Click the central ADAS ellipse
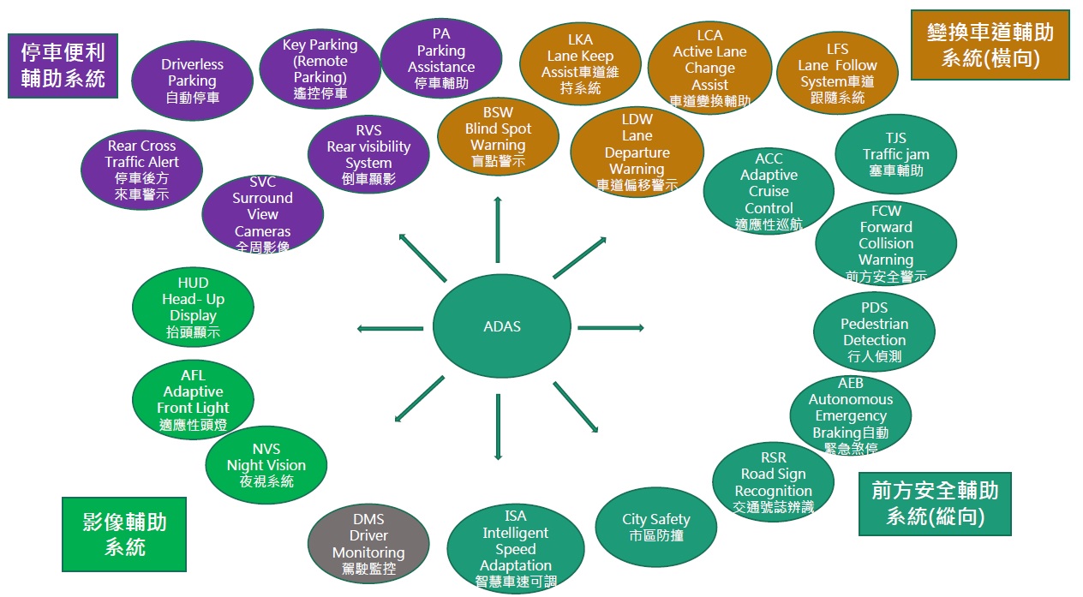(x=501, y=326)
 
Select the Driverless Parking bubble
(x=192, y=81)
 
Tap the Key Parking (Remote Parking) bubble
(x=320, y=69)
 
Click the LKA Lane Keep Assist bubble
(x=580, y=63)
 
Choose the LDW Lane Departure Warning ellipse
(x=637, y=152)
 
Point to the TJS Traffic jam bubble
(x=895, y=154)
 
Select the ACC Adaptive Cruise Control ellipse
(x=769, y=192)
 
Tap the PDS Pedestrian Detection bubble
(x=874, y=331)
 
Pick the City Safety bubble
(x=656, y=528)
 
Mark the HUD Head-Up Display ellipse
(x=193, y=307)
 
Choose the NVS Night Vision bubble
(x=266, y=465)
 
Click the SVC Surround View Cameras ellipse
(x=263, y=214)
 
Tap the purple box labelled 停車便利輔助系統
(x=63, y=65)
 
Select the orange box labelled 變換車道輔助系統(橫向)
(x=990, y=45)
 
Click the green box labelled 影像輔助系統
(x=124, y=534)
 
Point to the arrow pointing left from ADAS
(x=390, y=328)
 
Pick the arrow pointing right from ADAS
(x=610, y=327)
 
